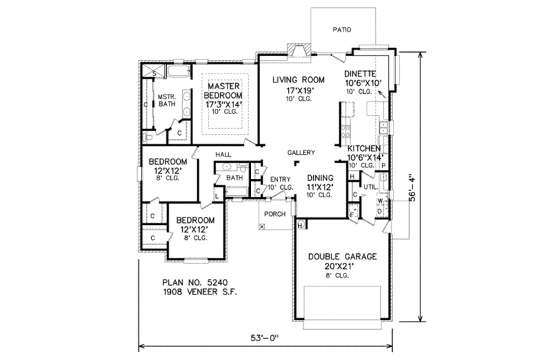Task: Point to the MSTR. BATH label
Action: pos(167,101)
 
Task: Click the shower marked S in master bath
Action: pos(154,72)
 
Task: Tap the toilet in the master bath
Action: pos(148,137)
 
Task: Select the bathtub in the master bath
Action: pos(178,71)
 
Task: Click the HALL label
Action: pos(223,155)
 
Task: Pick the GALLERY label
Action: pos(300,153)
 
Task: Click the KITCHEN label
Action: pos(364,148)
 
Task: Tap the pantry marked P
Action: pos(383,165)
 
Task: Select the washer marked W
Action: pos(380,201)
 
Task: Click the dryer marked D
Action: pos(380,212)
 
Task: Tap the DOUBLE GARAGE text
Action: pos(343,257)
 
